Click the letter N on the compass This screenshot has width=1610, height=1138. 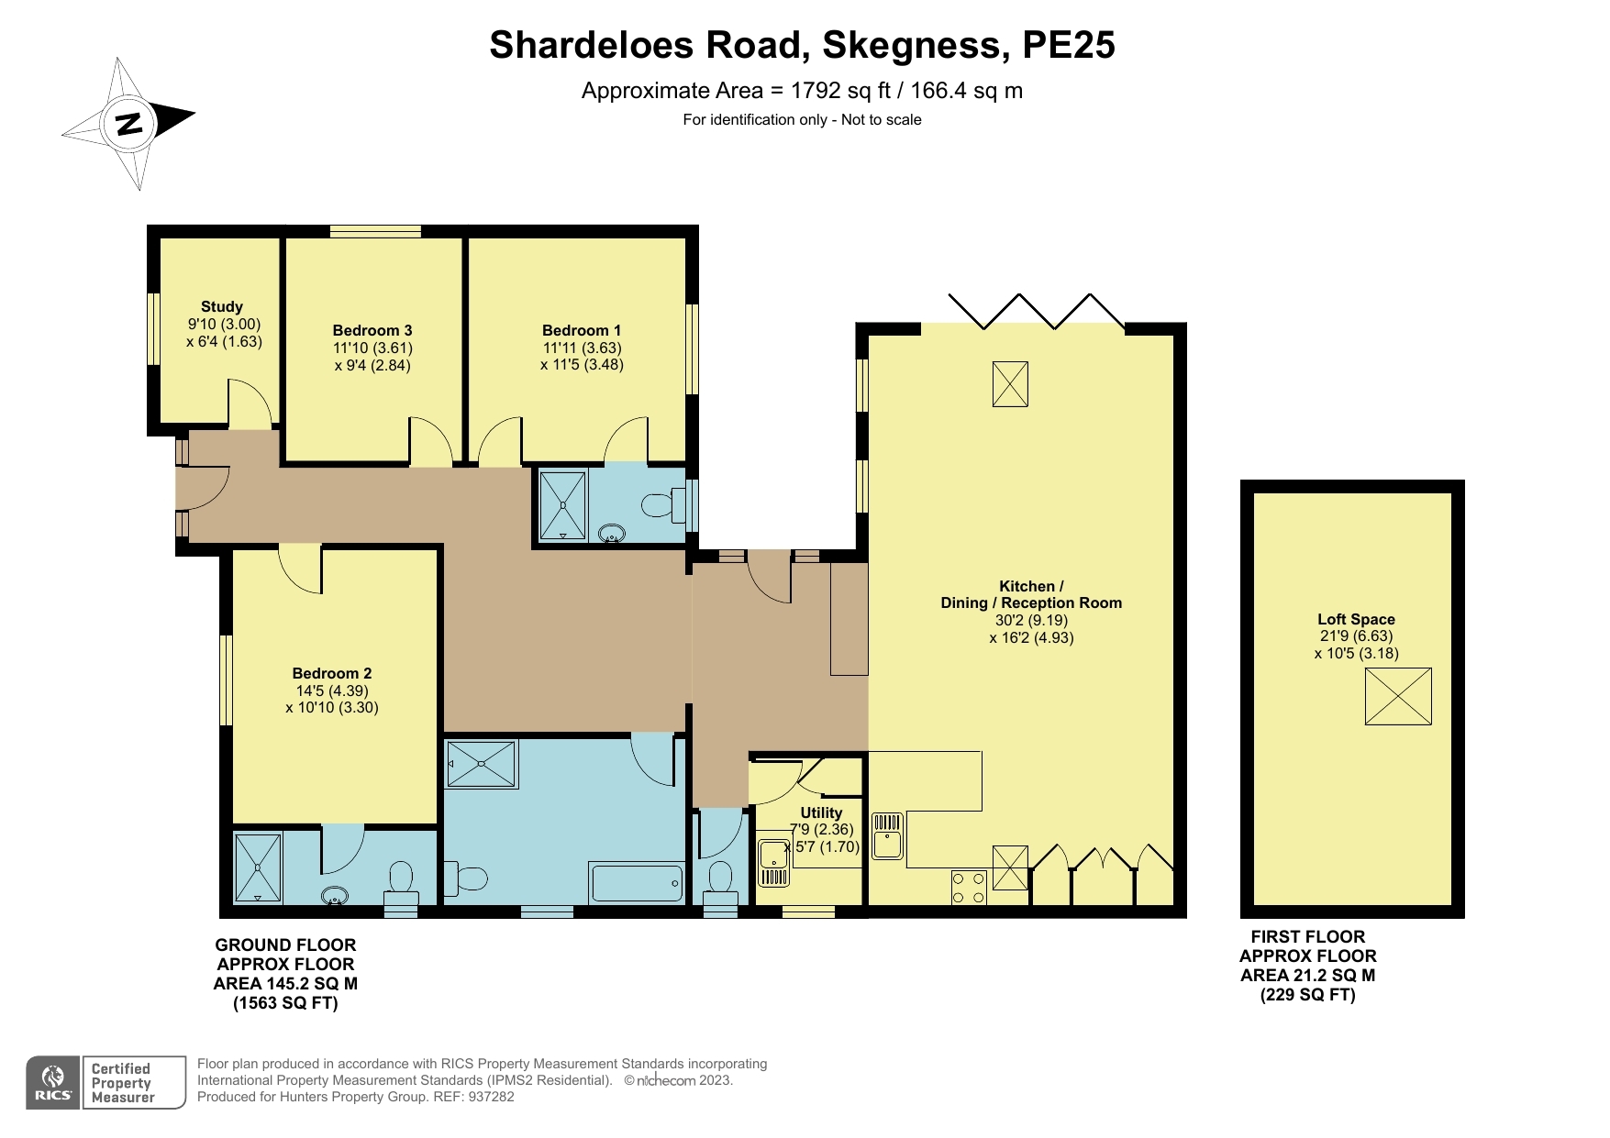[129, 123]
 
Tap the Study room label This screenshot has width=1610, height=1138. [222, 306]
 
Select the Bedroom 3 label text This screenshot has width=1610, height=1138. [372, 330]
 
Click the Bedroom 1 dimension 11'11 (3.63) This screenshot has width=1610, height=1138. [582, 348]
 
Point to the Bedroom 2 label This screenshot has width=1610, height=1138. [331, 673]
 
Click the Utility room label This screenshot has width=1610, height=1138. [820, 812]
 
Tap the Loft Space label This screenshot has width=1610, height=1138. [1356, 619]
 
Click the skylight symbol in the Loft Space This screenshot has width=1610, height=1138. [1397, 696]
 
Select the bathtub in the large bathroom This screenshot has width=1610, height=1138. [637, 883]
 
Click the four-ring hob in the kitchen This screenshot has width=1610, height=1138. [968, 887]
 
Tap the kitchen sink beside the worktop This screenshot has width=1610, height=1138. [887, 835]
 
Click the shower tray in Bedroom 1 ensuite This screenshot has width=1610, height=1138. [561, 505]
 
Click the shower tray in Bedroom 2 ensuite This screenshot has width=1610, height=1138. [258, 867]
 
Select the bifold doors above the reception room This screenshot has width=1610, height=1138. [1037, 311]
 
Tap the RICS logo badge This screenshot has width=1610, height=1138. [53, 1083]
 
